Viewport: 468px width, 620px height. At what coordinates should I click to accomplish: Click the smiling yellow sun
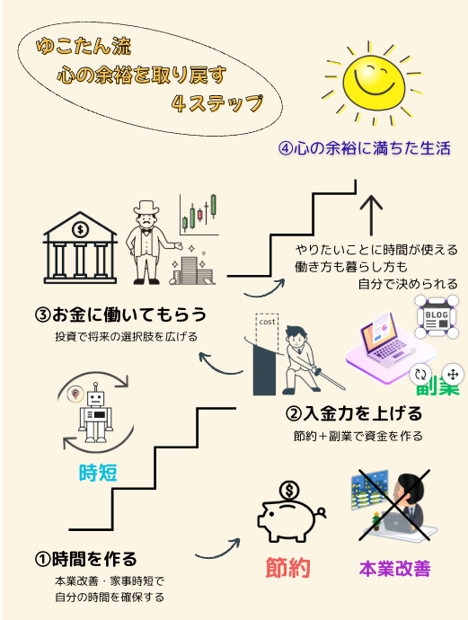(x=373, y=83)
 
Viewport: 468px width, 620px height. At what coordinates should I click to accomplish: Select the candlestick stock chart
(x=199, y=215)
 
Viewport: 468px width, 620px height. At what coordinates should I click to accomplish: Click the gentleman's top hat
(x=146, y=208)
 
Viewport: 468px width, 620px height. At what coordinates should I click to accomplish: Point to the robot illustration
(x=95, y=412)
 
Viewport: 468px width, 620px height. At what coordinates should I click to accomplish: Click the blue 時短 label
(x=98, y=473)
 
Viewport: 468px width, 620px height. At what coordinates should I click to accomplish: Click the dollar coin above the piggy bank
(x=289, y=492)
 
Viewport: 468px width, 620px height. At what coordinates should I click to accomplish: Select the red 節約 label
(x=287, y=568)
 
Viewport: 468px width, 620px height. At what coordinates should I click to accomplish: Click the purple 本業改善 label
(x=395, y=569)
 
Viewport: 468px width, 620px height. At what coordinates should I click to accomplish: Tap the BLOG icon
(x=437, y=317)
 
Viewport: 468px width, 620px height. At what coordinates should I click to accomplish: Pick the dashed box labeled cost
(x=268, y=329)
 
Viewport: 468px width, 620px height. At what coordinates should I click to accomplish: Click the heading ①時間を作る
(x=85, y=559)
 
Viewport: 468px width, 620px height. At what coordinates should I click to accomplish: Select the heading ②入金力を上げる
(x=354, y=413)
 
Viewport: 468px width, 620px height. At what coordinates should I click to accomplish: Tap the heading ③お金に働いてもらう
(x=120, y=314)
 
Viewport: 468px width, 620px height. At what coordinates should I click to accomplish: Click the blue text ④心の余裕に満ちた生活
(x=364, y=148)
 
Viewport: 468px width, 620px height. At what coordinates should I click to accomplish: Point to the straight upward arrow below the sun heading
(x=371, y=215)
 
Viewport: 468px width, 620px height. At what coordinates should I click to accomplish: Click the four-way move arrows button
(x=453, y=374)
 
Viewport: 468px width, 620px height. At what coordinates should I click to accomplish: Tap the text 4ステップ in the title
(x=217, y=103)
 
